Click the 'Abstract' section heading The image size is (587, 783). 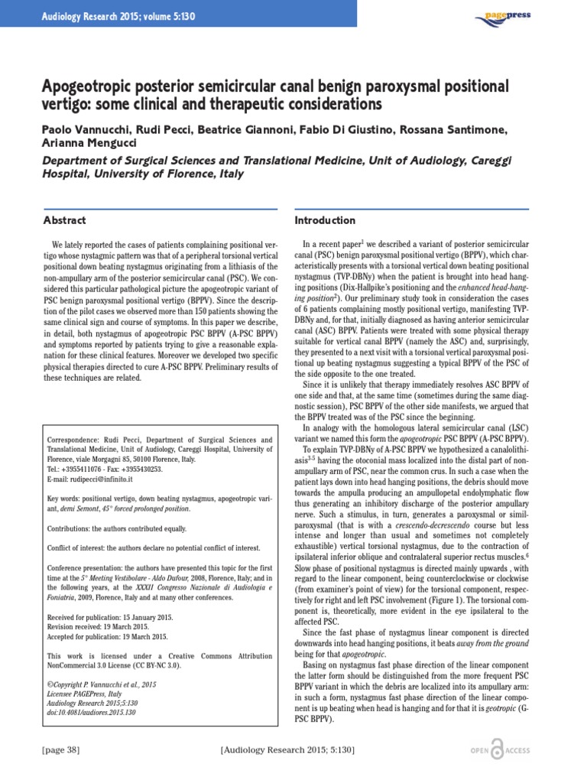coord(64,220)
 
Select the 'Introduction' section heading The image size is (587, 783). coord(325,220)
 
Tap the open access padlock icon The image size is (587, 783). coord(498,750)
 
